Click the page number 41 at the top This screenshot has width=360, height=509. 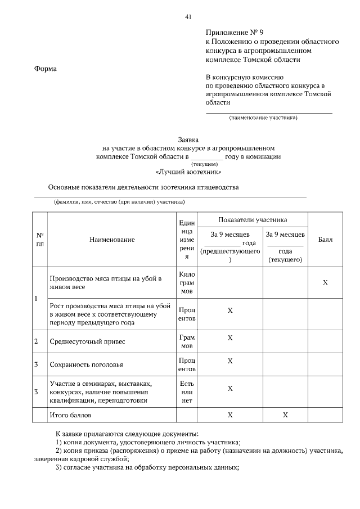pyautogui.click(x=188, y=16)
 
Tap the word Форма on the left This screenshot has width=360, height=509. pyautogui.click(x=46, y=69)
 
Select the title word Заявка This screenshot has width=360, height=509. pyautogui.click(x=188, y=138)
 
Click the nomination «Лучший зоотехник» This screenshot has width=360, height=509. pyautogui.click(x=188, y=172)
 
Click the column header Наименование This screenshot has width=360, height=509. pyautogui.click(x=112, y=240)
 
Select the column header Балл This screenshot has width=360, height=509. pyautogui.click(x=325, y=240)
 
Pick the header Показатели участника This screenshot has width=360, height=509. pyautogui.click(x=253, y=219)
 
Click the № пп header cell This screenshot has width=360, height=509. pyautogui.click(x=39, y=240)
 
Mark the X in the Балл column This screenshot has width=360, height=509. pyautogui.click(x=325, y=282)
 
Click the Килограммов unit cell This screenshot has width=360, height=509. pyautogui.click(x=186, y=283)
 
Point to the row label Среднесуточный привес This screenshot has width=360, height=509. pyautogui.click(x=87, y=341)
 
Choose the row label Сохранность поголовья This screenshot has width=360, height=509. pyautogui.click(x=86, y=364)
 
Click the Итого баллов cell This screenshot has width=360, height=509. pyautogui.click(x=70, y=415)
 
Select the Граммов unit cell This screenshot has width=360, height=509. pyautogui.click(x=186, y=341)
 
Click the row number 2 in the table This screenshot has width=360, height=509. pyautogui.click(x=37, y=341)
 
